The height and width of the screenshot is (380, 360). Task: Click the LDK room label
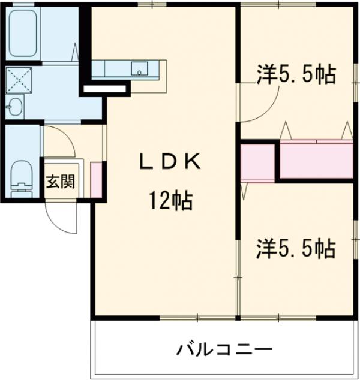coord(168,161)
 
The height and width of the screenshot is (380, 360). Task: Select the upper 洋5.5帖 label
coord(296,75)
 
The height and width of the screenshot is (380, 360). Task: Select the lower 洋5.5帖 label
coord(296,247)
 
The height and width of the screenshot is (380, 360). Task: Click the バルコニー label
coord(225,349)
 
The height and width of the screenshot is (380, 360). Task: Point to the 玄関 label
coord(60,181)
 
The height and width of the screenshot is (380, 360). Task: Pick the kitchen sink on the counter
coord(140,69)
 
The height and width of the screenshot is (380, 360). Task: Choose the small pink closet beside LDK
coord(257,161)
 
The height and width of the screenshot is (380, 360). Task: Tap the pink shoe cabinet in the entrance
coord(95,179)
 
